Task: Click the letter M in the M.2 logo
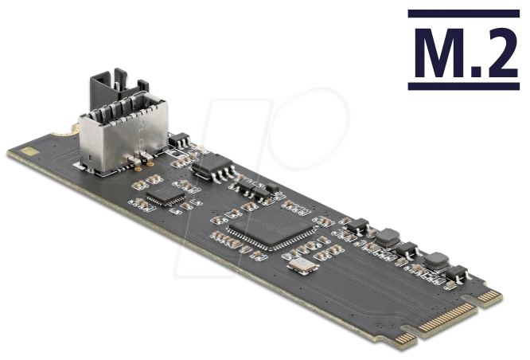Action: [438, 53]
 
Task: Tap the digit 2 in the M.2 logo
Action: [500, 53]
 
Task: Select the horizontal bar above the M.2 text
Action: [463, 14]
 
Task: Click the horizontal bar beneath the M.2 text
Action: [463, 84]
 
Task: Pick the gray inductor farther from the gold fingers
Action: [388, 237]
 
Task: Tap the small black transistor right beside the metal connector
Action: [177, 140]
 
